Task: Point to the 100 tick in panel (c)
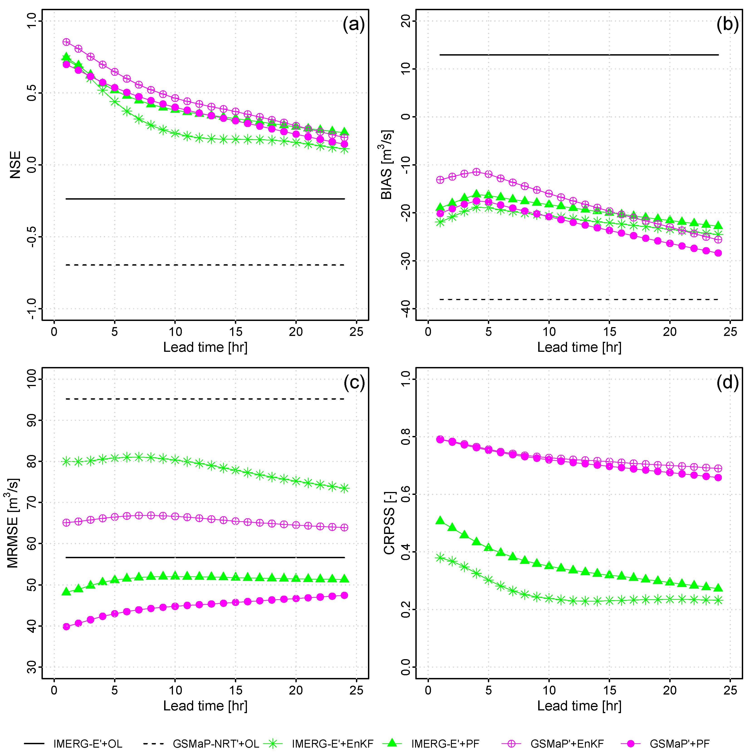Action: tap(31, 379)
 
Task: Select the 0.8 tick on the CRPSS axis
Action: tap(406, 437)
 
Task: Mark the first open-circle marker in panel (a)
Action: tap(66, 42)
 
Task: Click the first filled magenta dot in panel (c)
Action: tap(66, 626)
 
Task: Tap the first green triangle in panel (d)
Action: tap(440, 520)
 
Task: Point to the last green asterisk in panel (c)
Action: tap(344, 488)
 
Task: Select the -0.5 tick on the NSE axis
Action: tap(31, 237)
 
